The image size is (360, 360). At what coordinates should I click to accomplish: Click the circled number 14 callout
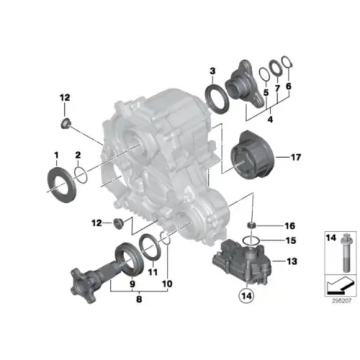[x=247, y=296]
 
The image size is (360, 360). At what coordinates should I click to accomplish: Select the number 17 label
[x=296, y=157]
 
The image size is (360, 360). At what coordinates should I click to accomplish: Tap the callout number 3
[x=212, y=71]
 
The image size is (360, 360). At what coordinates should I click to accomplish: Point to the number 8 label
[x=139, y=299]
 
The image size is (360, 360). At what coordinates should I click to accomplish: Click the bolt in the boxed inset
[x=346, y=253]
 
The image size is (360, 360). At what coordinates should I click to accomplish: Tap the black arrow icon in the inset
[x=339, y=286]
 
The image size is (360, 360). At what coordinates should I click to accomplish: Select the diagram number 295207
[x=341, y=301]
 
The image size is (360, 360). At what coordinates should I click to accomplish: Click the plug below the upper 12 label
[x=66, y=124]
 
